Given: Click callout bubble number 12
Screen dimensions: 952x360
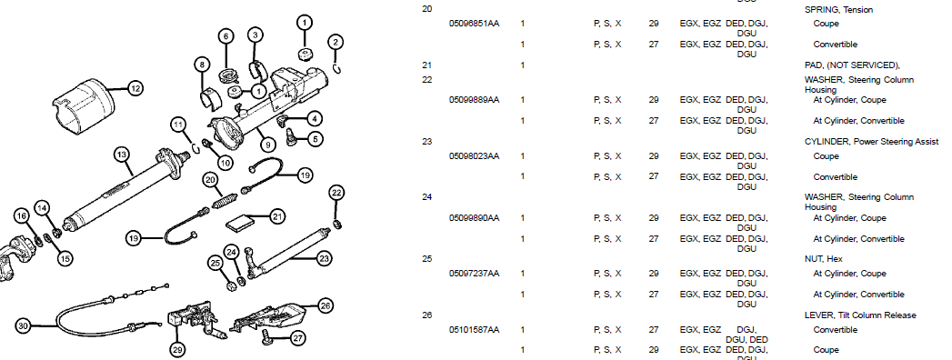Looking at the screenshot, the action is pos(135,88).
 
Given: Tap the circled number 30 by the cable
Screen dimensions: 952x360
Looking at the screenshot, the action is pos(23,326).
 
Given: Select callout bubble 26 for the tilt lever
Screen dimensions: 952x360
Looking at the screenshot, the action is pos(326,306).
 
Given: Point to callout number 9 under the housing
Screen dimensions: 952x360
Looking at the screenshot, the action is pos(267,145).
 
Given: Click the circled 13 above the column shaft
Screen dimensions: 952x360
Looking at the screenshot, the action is pos(122,155).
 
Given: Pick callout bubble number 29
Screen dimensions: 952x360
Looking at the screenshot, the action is pos(178,350).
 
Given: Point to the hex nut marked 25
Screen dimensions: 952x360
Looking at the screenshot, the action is pos(231,284).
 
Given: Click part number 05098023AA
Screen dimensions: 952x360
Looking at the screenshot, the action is pos(474,156).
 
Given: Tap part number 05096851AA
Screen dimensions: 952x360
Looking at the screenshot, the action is pos(474,24).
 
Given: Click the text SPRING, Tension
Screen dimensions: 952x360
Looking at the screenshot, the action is pos(838,10).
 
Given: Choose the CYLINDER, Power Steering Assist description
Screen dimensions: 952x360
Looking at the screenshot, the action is pos(871,142).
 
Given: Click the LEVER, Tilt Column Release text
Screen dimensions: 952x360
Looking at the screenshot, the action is pos(860,315).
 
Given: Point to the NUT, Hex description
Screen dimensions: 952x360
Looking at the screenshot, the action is pos(823,258).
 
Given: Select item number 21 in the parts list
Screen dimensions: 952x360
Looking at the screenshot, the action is pos(426,65).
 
